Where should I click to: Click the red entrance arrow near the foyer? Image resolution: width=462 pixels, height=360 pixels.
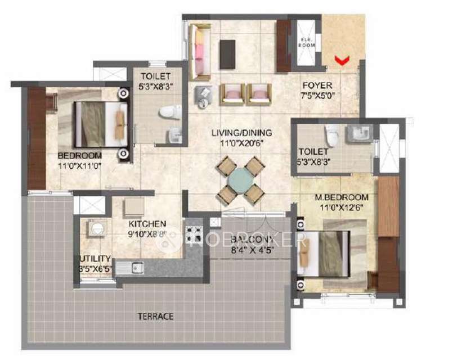pos(341,59)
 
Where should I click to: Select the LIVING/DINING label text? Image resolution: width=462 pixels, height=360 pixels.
pos(241,133)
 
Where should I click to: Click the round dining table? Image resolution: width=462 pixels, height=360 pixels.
pos(241,182)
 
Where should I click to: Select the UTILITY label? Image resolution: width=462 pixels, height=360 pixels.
pos(95,259)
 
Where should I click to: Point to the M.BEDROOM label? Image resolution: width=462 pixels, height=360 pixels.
pos(342,197)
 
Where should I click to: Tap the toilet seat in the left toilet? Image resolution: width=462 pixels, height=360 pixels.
pos(167,112)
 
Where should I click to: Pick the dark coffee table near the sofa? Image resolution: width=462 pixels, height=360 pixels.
pos(227,54)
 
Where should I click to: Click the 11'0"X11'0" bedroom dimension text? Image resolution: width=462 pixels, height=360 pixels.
pos(80,166)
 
